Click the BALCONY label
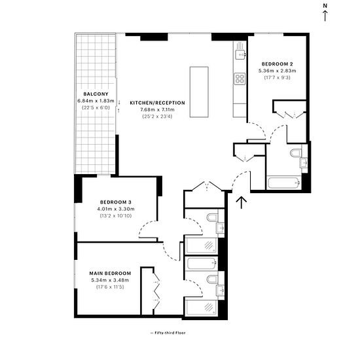coord(96,94)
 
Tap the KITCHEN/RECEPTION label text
coord(158,103)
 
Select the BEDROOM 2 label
coord(278,64)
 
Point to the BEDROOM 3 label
coord(116,202)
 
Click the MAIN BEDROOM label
coord(110,274)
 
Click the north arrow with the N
coord(325,12)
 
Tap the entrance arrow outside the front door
coord(242,202)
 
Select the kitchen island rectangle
coord(199,92)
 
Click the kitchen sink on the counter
coord(240,55)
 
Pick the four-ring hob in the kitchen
coord(240,79)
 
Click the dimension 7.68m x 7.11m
coord(158,110)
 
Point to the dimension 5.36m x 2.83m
coord(278,71)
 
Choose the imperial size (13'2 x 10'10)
coord(116,216)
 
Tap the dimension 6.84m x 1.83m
coord(96,101)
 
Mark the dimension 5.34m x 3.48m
coord(110,280)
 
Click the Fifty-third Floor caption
coord(168,333)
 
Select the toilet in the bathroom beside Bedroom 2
coord(296,153)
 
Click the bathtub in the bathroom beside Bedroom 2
coord(284,183)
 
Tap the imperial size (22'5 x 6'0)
coord(96,108)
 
